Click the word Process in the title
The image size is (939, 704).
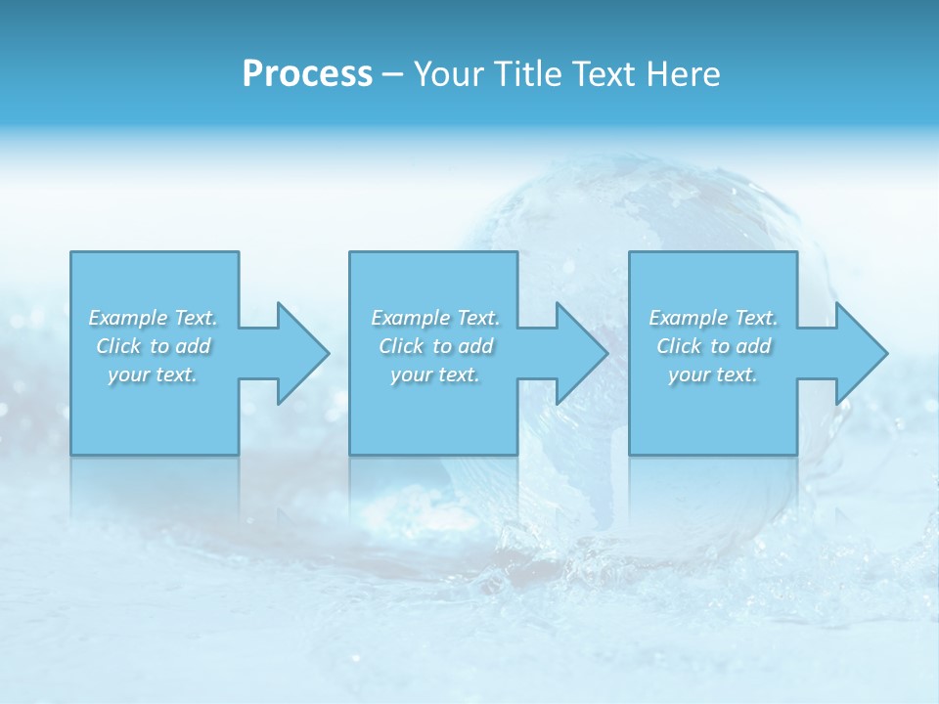pos(307,74)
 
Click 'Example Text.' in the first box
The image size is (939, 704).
pos(153,318)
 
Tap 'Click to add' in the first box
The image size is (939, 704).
pos(153,346)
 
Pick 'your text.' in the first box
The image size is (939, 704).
pos(153,374)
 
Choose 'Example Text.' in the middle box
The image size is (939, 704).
pos(435,318)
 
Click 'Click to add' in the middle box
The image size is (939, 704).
pos(435,346)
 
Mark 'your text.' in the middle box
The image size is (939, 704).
pos(435,374)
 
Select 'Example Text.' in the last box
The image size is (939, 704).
pos(713,318)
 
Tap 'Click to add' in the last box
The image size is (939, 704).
pos(713,346)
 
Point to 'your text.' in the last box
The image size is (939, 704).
pos(713,374)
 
